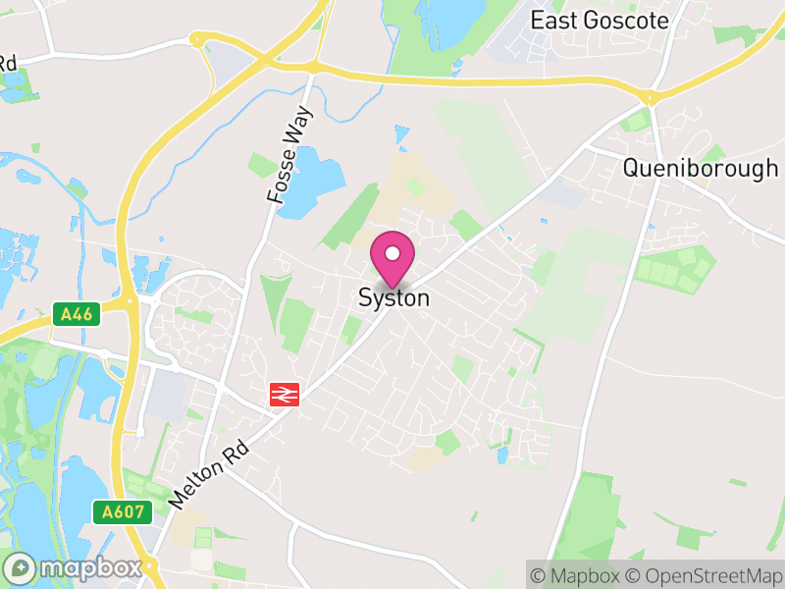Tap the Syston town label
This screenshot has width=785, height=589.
(x=393, y=297)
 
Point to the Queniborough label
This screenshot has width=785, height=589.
(x=701, y=168)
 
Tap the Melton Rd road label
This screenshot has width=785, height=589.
(x=210, y=474)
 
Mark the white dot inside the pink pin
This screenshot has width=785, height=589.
(x=392, y=253)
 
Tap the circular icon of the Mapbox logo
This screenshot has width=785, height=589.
(x=21, y=567)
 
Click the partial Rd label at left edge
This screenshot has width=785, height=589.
(x=8, y=62)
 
